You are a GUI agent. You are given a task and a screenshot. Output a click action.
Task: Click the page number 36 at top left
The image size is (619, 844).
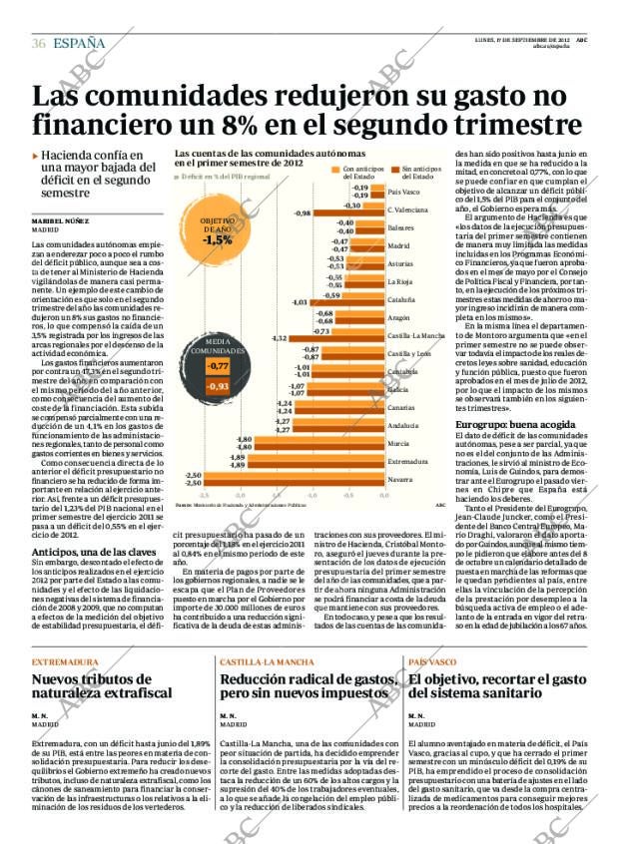point(38,43)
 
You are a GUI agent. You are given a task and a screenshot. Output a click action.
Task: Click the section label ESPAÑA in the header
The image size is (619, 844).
point(79,43)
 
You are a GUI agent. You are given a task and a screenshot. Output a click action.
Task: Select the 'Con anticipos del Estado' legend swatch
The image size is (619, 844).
point(336,171)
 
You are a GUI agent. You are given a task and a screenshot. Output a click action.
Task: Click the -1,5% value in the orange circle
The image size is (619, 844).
point(217,239)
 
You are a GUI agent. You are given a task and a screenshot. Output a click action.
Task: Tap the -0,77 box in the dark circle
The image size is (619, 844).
point(217,366)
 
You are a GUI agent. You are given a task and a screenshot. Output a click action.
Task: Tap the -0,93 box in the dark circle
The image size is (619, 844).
point(218,385)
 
